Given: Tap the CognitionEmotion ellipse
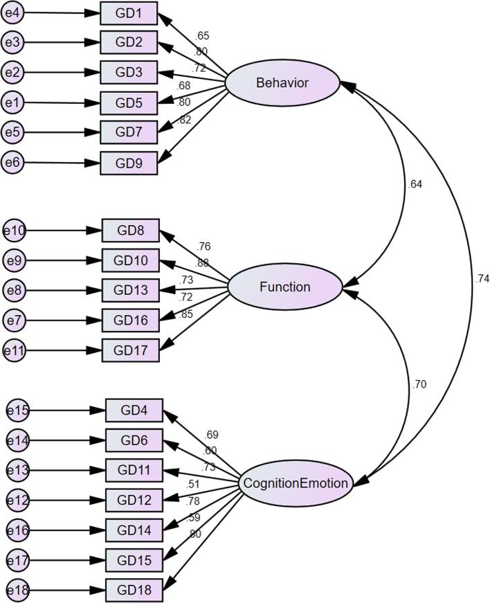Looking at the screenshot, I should pos(295,483).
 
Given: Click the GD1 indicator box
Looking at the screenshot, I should pos(129,13).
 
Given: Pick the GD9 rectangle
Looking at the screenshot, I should pos(129,163).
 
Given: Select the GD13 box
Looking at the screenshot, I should pos(130,290).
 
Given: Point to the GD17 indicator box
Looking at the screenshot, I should pos(130,350).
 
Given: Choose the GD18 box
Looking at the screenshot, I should pos(134,590).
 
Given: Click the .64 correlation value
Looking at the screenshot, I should pos(416,184).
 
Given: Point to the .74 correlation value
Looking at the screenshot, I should pos(482,278).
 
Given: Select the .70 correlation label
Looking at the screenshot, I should pos(419,384).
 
